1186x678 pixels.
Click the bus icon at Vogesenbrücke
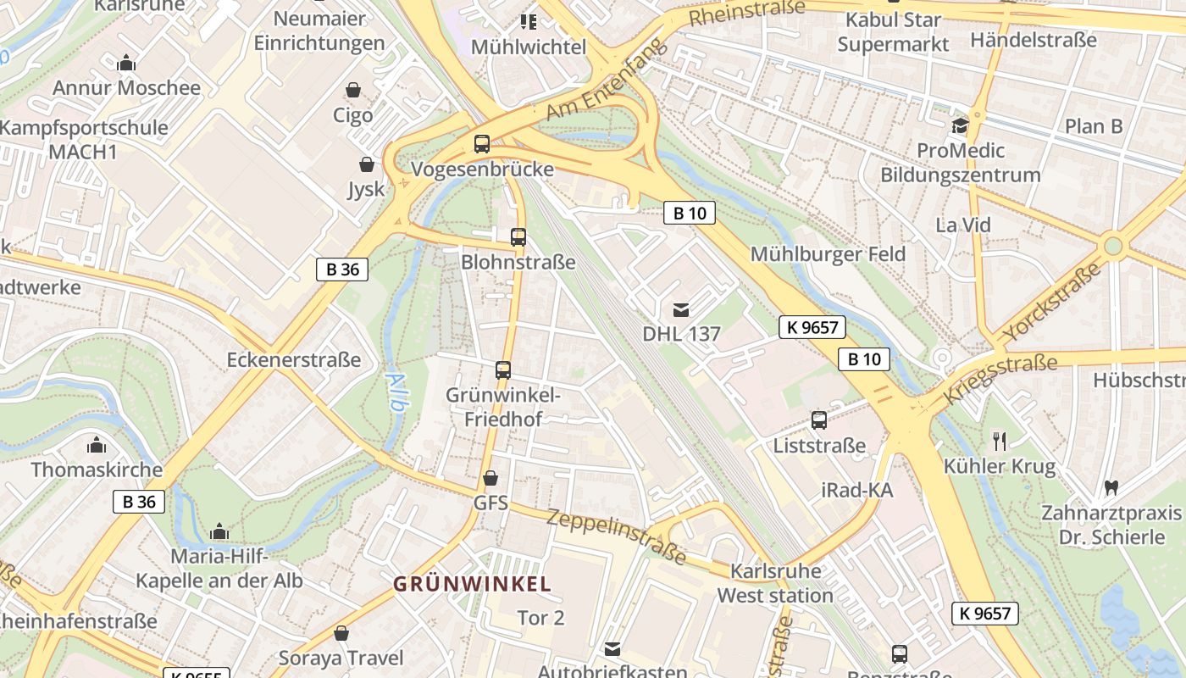point(482,144)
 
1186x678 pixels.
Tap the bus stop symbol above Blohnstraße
point(518,237)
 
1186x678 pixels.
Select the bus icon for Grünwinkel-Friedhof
point(503,370)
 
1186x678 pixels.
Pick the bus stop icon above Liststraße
point(819,420)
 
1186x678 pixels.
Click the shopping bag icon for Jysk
point(367,164)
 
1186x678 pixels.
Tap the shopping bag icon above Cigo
point(353,90)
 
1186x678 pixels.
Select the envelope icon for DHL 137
point(681,310)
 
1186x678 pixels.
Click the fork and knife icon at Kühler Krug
point(1000,441)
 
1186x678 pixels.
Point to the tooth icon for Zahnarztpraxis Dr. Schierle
point(1111,488)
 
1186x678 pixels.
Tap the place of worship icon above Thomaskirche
point(97,445)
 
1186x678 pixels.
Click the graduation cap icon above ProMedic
point(960,126)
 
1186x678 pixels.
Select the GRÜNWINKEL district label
point(473,584)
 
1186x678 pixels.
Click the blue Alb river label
point(396,392)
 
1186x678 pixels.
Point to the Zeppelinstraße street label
point(616,536)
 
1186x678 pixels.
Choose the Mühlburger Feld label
point(828,254)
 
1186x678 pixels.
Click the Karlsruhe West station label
point(775,583)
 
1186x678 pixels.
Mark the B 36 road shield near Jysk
point(342,270)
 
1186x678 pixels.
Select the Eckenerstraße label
point(294,360)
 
